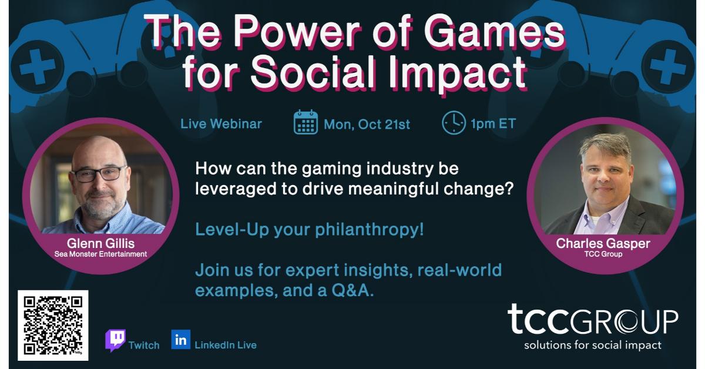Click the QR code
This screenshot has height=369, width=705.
pos(53,326)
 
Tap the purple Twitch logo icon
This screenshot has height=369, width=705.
pos(116,340)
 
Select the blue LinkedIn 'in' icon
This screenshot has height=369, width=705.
pos(181,340)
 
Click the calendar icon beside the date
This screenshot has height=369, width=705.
pos(305,122)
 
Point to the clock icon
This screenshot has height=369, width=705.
pos(454,122)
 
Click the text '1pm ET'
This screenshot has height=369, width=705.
pos(493,123)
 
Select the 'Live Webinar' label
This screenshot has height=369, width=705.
pos(221,124)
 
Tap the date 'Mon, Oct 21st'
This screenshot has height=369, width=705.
pos(367,125)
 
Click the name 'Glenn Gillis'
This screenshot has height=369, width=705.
pos(100,243)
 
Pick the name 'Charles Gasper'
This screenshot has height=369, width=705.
pos(603,243)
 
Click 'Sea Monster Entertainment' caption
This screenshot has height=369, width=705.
pos(100,254)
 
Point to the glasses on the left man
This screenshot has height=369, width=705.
pos(99,174)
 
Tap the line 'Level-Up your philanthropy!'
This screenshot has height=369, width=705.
pos(310,229)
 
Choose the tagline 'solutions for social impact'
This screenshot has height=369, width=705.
pos(593,345)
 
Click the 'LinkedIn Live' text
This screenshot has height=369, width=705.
pos(226,345)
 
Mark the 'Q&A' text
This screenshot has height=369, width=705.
pos(352,290)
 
